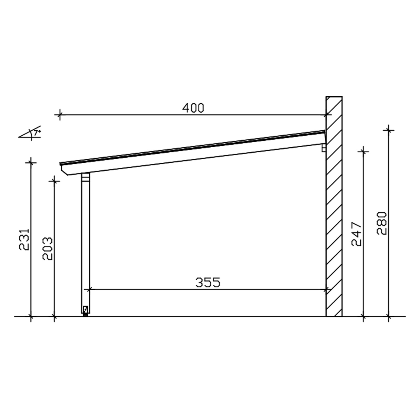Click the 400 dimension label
point(193,108)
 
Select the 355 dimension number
point(208,282)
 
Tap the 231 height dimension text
point(24,239)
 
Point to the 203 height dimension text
point(48,248)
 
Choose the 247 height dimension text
point(356,234)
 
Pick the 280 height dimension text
point(382,223)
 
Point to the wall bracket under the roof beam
point(324,148)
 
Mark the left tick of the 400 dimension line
point(59,115)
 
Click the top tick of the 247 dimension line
point(363,151)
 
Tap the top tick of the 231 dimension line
point(31,162)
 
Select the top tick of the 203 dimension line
point(54,181)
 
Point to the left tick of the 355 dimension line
point(89,290)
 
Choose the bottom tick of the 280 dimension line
point(389,316)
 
